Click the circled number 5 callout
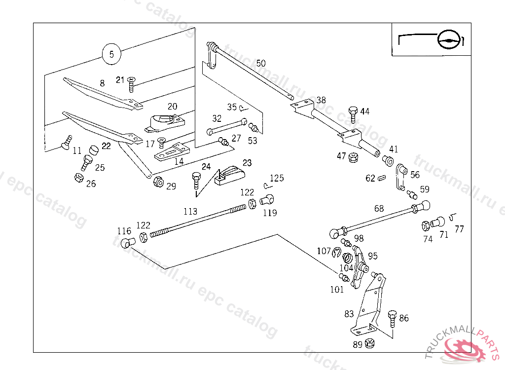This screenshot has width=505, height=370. pyautogui.click(x=111, y=54)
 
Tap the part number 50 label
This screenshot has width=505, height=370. pyautogui.click(x=261, y=63)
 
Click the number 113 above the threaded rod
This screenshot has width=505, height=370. pyautogui.click(x=190, y=212)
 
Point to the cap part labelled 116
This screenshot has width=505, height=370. pyautogui.click(x=128, y=243)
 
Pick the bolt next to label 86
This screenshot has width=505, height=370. pyautogui.click(x=393, y=319)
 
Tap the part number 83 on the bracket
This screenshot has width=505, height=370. pyautogui.click(x=349, y=313)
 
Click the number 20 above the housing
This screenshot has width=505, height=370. pyautogui.click(x=172, y=106)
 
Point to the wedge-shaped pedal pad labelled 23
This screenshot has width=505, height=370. pyautogui.click(x=230, y=175)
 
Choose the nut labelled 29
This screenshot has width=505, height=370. pyautogui.click(x=159, y=182)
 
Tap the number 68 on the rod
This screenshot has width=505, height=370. pyautogui.click(x=379, y=209)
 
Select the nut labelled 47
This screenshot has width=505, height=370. pyautogui.click(x=353, y=158)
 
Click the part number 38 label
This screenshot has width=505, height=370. pyautogui.click(x=321, y=100)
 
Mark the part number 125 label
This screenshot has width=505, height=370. pyautogui.click(x=277, y=178)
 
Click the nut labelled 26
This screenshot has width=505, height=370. pyautogui.click(x=78, y=178)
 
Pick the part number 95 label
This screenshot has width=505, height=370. pyautogui.click(x=373, y=256)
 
